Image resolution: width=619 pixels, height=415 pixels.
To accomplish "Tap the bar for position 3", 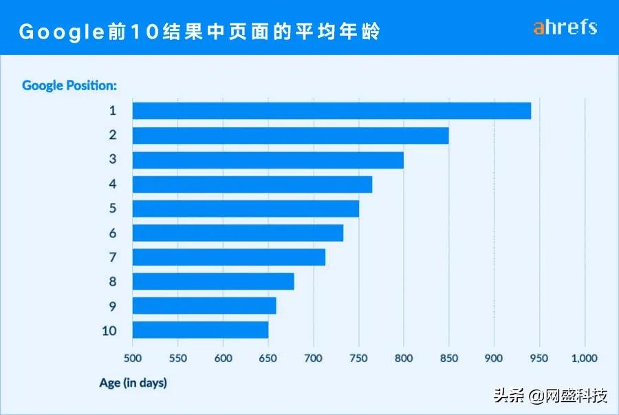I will [x=268, y=160].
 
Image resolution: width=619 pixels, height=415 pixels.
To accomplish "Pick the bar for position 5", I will [x=246, y=209].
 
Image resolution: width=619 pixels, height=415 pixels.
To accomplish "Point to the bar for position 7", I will [x=228, y=257].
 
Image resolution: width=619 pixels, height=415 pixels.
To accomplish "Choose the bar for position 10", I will [x=200, y=330].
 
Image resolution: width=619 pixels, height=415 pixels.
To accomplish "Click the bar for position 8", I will [x=213, y=281].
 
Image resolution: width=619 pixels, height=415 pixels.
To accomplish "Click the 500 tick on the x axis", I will [x=132, y=358].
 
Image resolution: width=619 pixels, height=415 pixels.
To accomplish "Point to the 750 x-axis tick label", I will [x=358, y=358].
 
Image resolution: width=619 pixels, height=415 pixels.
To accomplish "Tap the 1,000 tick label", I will [x=584, y=358].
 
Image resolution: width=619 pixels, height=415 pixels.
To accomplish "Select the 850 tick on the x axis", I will [x=448, y=358].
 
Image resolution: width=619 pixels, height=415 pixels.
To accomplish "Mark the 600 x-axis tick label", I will [x=223, y=358].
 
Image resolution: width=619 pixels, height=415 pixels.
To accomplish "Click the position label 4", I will [x=112, y=184].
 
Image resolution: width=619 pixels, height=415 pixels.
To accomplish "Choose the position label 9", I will [x=112, y=306].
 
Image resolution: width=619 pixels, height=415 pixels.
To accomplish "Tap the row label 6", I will [x=112, y=233].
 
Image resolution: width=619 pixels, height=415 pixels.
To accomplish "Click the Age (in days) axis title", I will [x=133, y=383].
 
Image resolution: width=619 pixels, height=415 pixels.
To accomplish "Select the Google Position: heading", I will [x=69, y=85].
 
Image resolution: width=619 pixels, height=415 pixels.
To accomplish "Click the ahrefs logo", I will [x=565, y=28].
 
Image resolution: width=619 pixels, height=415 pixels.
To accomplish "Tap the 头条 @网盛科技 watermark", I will [x=550, y=396].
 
